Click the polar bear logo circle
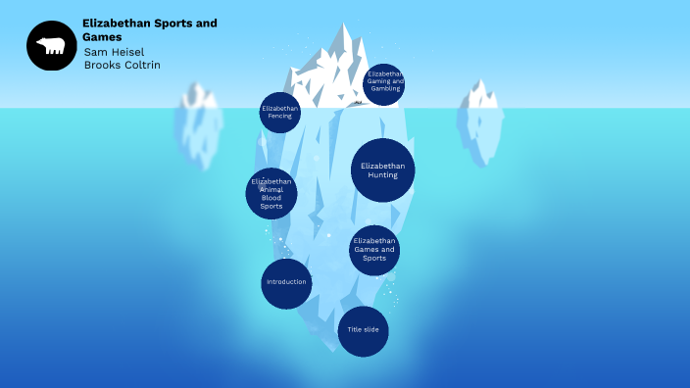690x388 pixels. point(51,45)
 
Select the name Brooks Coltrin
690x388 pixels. point(122,65)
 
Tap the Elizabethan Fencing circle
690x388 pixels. point(280,113)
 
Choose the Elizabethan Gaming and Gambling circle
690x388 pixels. point(384,84)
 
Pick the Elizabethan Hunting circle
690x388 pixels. point(382,170)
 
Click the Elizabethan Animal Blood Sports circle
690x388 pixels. point(271,193)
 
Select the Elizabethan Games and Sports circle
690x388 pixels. point(374,250)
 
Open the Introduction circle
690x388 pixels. point(286,283)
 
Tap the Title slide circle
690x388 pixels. point(364,330)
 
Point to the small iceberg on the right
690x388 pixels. point(480,120)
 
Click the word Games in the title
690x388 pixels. point(103,36)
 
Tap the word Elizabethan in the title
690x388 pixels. point(118,23)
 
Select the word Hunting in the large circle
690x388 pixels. point(382,175)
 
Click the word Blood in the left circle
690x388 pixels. point(271,199)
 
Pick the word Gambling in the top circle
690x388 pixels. point(385,89)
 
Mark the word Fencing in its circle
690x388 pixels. point(280,117)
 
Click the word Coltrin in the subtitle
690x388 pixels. point(141,65)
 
